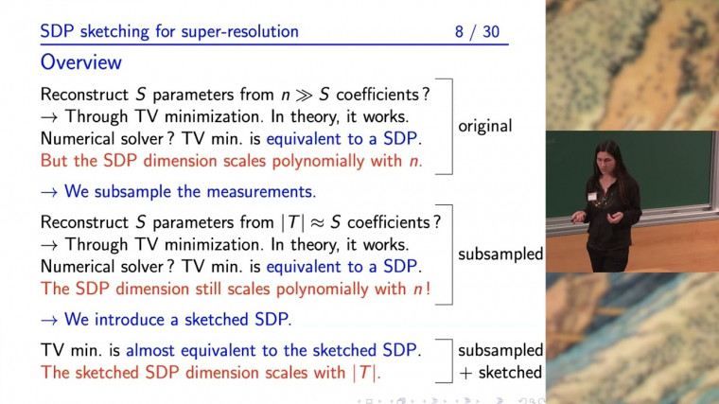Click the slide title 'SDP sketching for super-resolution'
169,32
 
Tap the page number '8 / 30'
477,32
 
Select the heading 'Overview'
80,62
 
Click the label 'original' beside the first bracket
485,126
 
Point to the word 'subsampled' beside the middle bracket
500,255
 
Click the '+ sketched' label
500,372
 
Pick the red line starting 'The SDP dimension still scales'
236,288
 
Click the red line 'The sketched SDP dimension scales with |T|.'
211,373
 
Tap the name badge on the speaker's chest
593,196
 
